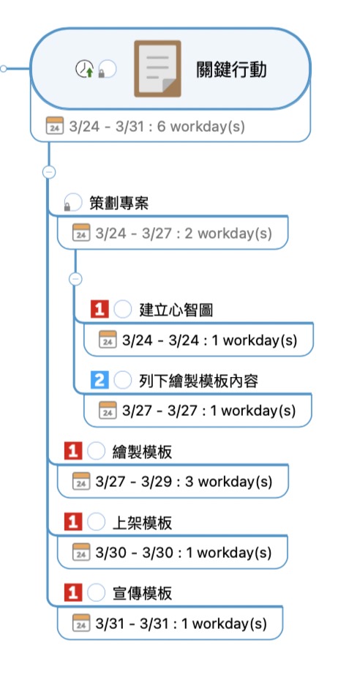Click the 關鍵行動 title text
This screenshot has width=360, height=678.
click(x=231, y=70)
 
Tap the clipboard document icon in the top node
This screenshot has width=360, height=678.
click(x=157, y=68)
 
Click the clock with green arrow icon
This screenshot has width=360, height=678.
click(x=85, y=69)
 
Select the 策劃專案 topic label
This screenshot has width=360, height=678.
click(x=119, y=203)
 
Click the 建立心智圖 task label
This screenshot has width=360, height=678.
click(x=176, y=310)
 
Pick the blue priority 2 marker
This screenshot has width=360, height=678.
click(x=100, y=380)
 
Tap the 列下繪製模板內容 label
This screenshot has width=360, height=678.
click(x=199, y=381)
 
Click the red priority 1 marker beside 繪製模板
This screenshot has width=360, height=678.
click(x=73, y=451)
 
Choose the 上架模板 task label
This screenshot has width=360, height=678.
click(x=142, y=523)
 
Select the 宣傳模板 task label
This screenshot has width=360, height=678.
click(x=142, y=593)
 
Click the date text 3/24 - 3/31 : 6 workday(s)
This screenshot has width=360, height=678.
click(x=157, y=127)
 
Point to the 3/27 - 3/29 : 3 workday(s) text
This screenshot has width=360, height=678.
click(x=184, y=481)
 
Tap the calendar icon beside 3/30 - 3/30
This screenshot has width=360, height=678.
click(x=81, y=552)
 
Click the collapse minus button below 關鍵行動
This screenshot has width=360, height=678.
click(x=49, y=172)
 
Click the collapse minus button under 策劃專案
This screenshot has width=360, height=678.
click(x=75, y=279)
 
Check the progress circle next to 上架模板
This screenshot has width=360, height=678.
click(x=96, y=522)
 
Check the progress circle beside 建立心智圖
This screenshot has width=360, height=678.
click(x=123, y=310)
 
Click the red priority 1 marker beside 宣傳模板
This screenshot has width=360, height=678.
click(x=73, y=593)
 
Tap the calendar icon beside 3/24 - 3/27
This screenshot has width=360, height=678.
click(x=81, y=233)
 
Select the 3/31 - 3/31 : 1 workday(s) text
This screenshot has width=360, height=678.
click(x=181, y=623)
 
